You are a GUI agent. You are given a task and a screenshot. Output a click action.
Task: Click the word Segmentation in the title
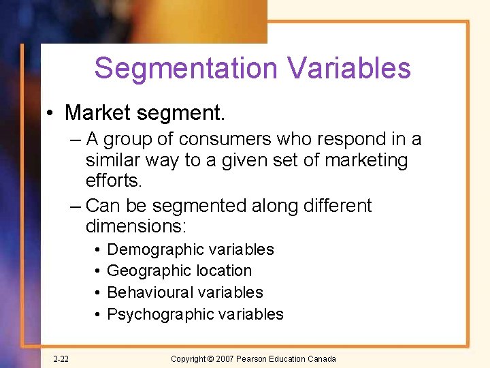(x=185, y=69)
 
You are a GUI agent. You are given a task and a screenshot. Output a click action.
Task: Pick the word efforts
(x=114, y=182)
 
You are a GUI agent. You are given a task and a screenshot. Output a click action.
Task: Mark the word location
(x=222, y=271)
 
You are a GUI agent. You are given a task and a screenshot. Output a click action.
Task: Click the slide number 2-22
(x=61, y=359)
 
